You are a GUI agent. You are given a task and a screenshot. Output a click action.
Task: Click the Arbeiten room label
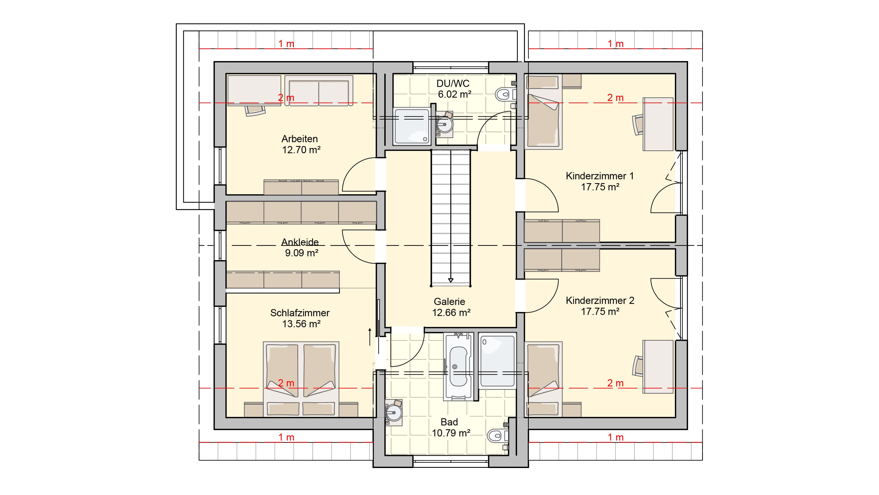click(300, 139)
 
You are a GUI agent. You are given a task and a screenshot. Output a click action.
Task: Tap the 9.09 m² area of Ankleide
click(302, 253)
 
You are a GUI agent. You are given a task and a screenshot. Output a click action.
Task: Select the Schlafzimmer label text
click(300, 313)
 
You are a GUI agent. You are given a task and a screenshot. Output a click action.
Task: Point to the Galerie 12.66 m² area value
click(451, 313)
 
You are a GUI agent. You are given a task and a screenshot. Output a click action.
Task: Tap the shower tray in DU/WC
click(412, 126)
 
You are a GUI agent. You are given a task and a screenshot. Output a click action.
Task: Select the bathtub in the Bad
click(458, 366)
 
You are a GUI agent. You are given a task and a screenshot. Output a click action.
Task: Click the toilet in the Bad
click(498, 436)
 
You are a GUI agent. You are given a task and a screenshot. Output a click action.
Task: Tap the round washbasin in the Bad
click(394, 413)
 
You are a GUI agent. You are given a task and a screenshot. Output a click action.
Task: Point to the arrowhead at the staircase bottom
click(451, 280)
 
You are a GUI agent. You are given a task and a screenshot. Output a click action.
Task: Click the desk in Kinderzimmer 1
click(658, 124)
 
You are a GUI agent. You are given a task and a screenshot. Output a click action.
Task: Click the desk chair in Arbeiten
click(255, 110)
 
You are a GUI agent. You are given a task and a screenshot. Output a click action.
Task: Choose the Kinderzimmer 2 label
click(600, 301)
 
